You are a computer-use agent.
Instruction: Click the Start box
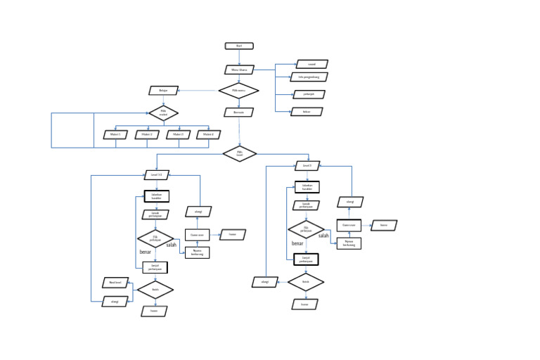coord(239,46)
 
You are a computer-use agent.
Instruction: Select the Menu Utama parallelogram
coord(239,70)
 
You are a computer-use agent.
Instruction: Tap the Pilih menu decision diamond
coord(239,91)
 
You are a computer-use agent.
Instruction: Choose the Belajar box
coord(164,90)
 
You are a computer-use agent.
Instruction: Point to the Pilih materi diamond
coord(164,112)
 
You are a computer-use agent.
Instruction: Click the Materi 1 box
coord(115,134)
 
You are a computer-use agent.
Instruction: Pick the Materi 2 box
coord(147,134)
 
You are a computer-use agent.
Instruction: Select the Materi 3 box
coord(178,134)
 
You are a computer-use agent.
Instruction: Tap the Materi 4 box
coord(208,134)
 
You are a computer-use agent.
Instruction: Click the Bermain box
coord(239,112)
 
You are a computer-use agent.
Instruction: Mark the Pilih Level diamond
coord(240,153)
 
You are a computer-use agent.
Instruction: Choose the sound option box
coord(311,64)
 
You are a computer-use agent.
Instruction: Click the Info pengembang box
coord(309,77)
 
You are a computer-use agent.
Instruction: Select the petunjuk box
coord(309,94)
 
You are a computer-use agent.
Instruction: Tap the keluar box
coord(307,111)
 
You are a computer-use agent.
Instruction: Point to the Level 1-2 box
coord(156,174)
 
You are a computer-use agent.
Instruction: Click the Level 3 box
coord(307,166)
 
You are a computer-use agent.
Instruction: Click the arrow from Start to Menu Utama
coord(239,57)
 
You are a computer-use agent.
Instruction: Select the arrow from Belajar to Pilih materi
coord(164,100)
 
